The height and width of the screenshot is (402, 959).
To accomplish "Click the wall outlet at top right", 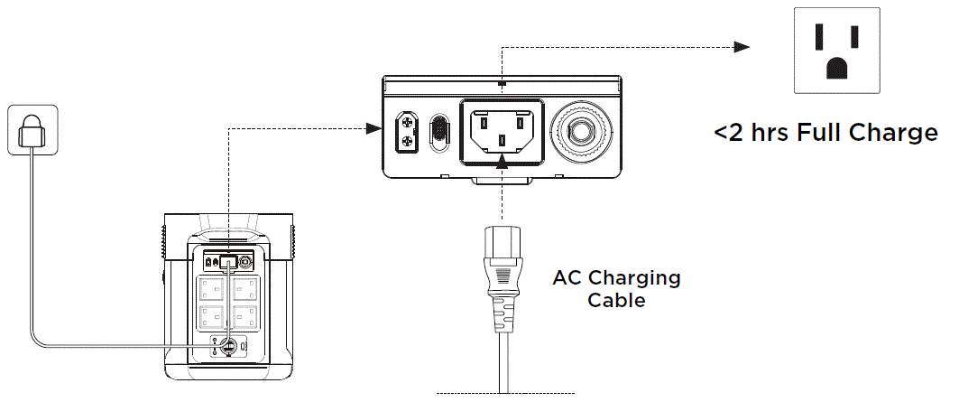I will coord(835,50).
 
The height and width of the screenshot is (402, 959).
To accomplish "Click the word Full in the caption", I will coord(816,134).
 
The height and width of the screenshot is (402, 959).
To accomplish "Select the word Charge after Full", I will coord(894,134).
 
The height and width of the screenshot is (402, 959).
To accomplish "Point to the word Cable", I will coord(617,300).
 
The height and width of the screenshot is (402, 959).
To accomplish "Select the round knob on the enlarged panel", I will coord(580,130).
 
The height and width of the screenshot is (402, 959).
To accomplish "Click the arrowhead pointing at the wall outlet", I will coord(742,47).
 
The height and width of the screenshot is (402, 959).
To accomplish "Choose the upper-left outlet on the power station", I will coord(212,290).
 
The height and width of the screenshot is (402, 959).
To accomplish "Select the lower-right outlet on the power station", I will coord(244,317).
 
